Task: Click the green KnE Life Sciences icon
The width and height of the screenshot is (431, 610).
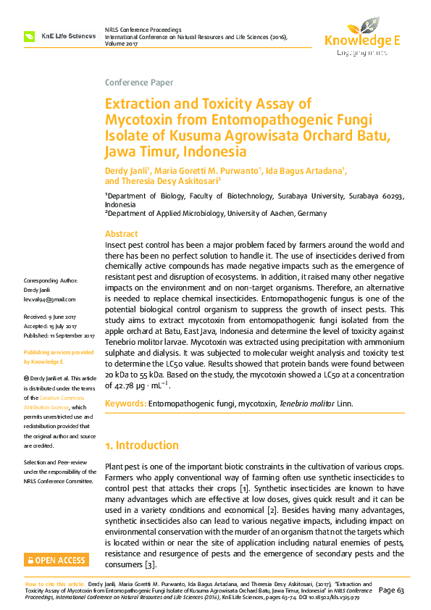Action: (x=29, y=35)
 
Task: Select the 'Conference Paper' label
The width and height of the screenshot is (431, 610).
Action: (x=139, y=83)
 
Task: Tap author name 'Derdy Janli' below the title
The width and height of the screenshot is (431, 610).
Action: (x=126, y=170)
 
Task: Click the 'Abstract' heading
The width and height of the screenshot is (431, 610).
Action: (x=121, y=234)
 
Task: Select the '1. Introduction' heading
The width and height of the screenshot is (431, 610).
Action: (x=142, y=445)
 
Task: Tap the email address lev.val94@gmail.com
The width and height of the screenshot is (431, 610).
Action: (x=49, y=299)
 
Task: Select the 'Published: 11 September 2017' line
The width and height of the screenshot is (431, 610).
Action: (x=59, y=336)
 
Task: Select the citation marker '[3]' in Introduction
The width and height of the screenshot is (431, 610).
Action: (x=150, y=564)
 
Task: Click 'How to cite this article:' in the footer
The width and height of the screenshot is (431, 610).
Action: (x=56, y=583)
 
